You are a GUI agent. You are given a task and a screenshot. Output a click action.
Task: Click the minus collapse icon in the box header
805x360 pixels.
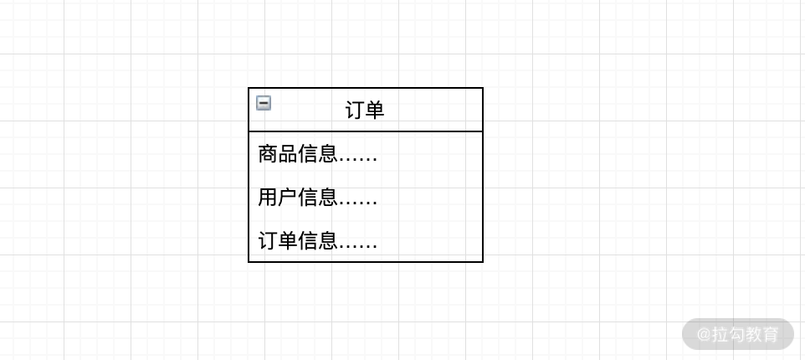point(264,103)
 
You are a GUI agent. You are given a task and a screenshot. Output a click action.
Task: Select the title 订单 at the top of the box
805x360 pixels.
point(365,110)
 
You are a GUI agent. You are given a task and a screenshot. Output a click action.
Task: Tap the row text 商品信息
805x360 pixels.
point(297,154)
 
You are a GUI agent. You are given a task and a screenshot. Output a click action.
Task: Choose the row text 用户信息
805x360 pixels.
point(297,198)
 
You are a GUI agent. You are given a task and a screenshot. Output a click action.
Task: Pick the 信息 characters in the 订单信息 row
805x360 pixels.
point(318,241)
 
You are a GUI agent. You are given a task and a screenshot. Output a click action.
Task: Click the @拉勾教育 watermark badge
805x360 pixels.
point(737,334)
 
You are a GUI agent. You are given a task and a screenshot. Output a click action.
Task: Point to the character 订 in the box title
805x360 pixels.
point(355,110)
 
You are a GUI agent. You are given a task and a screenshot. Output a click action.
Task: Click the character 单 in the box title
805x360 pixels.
point(375,110)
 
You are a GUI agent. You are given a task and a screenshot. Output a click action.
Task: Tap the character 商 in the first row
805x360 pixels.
point(268,154)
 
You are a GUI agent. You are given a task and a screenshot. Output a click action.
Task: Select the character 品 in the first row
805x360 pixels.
point(288,154)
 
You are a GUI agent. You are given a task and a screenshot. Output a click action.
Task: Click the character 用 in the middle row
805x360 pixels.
point(268,198)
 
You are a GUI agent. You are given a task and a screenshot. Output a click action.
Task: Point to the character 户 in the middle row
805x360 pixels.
point(288,198)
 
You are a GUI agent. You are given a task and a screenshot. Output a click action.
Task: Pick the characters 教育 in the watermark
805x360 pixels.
point(762,335)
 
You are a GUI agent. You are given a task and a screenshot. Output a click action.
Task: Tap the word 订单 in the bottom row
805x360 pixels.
point(278,241)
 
